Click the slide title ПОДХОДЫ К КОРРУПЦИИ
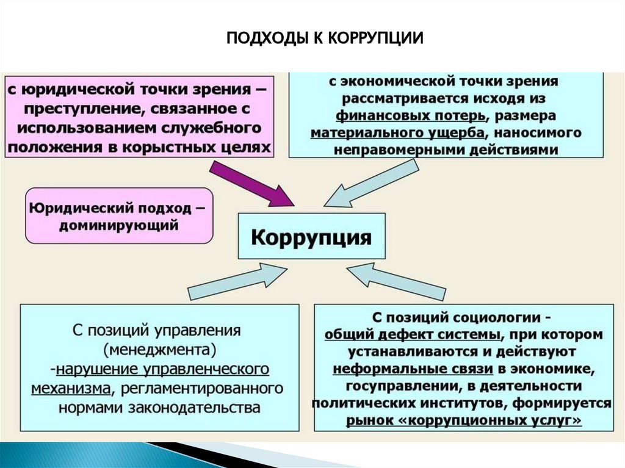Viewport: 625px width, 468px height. pyautogui.click(x=325, y=38)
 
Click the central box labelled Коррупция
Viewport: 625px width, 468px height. pyautogui.click(x=311, y=237)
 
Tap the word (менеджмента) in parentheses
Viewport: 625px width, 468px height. pyautogui.click(x=161, y=351)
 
